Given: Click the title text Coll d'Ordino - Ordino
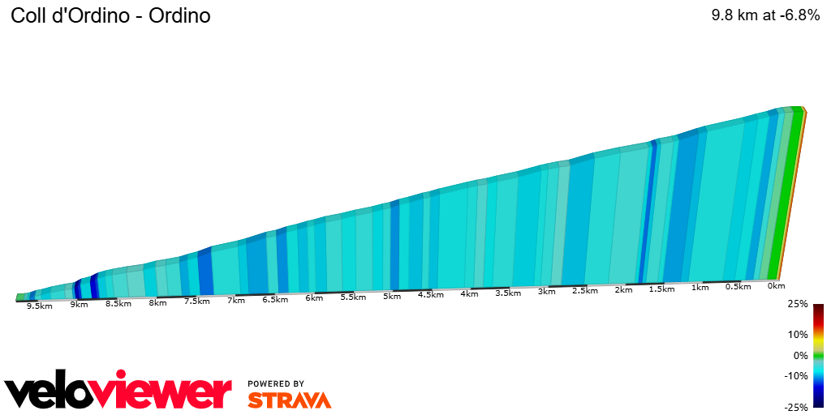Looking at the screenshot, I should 110,15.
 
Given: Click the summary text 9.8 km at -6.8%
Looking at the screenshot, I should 765,15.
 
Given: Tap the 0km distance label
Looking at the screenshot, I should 776,285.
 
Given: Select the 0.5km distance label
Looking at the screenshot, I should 738,287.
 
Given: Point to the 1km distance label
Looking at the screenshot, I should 700,288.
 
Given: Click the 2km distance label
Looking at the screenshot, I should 623,289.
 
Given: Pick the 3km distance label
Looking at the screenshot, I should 546,291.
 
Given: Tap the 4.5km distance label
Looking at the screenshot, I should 430,294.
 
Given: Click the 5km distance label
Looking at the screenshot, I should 392,296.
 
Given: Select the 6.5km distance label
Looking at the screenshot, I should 275,299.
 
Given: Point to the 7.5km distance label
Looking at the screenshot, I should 197,302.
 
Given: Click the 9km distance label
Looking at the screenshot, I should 79,304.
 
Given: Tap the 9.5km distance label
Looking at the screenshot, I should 39,306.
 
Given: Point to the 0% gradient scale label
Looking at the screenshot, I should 801,356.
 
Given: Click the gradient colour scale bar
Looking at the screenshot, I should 818,356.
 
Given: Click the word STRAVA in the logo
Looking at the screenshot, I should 289,400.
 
